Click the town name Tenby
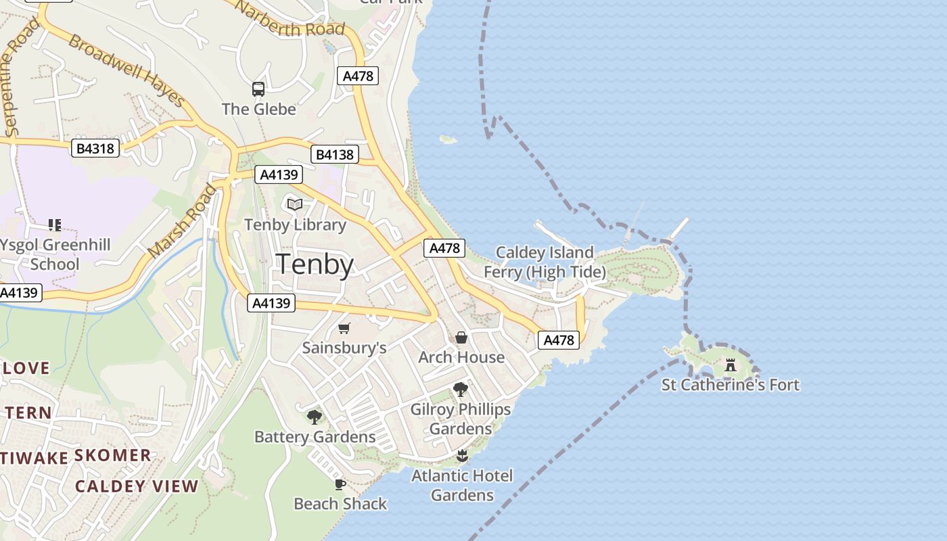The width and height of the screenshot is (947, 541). coord(315,264)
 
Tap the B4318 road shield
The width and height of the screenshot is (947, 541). coord(95,148)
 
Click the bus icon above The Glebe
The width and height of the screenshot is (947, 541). coord(258,89)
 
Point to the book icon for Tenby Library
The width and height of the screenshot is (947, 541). coord(295,204)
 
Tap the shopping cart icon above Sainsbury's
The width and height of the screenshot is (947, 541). coord(344,329)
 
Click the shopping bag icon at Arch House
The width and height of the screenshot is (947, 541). coord(461,337)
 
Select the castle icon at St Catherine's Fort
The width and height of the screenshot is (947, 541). coord(731,365)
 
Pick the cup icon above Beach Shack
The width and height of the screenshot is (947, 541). coord(340,484)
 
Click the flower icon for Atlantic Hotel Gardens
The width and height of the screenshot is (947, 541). coord(463,455)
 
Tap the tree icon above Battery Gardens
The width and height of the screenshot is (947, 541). coord(315,417)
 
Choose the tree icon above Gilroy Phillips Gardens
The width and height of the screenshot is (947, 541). coord(461,390)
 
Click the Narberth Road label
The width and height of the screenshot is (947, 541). coord(291,19)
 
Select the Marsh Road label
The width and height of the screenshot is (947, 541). coord(183,221)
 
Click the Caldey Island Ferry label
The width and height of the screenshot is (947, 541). coord(545,262)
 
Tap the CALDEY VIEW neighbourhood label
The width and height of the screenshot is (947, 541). coord(137,486)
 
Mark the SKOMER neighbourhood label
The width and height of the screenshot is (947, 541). coord(112,455)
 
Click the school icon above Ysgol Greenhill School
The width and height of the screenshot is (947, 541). coord(55,225)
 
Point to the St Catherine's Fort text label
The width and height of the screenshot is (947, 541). coord(731,385)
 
